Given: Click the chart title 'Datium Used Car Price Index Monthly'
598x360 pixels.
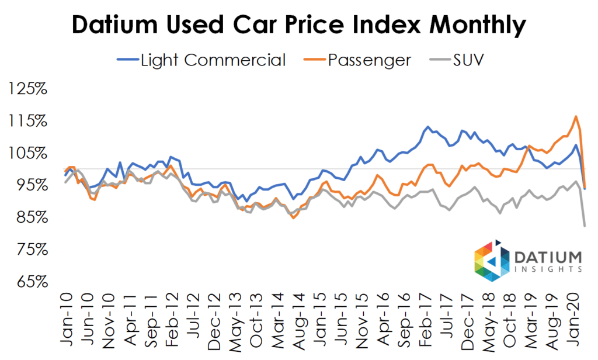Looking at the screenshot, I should click(x=299, y=26).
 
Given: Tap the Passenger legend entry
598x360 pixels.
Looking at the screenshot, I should click(x=360, y=60).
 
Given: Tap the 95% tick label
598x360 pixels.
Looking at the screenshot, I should click(x=30, y=185).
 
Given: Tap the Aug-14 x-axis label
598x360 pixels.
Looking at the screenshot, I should click(x=298, y=316).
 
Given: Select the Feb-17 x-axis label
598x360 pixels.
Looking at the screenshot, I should click(x=426, y=316).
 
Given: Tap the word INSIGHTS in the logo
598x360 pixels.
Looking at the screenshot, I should click(x=548, y=269).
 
